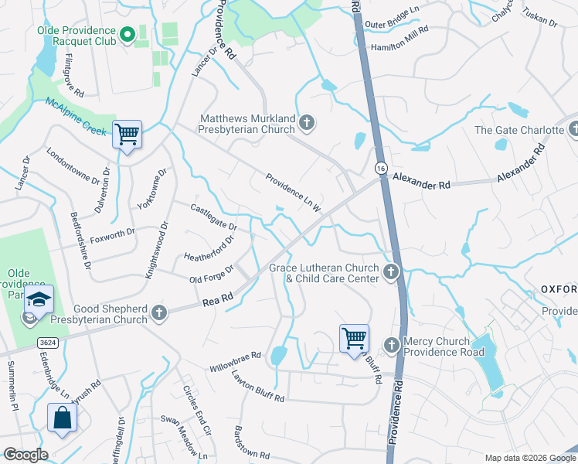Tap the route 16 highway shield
[x=381, y=167]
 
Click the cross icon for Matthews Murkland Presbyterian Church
[x=307, y=123]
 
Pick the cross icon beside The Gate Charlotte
[x=573, y=130]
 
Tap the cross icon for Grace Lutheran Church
[x=391, y=271]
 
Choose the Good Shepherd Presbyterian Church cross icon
[x=159, y=313]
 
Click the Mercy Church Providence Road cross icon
[x=391, y=343]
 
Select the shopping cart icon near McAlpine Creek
[x=127, y=135]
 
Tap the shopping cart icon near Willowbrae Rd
[x=354, y=337]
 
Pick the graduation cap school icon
[x=39, y=299]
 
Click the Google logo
[x=25, y=454]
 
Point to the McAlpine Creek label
[x=75, y=116]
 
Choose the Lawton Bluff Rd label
[x=258, y=386]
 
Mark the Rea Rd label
[x=217, y=299]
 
